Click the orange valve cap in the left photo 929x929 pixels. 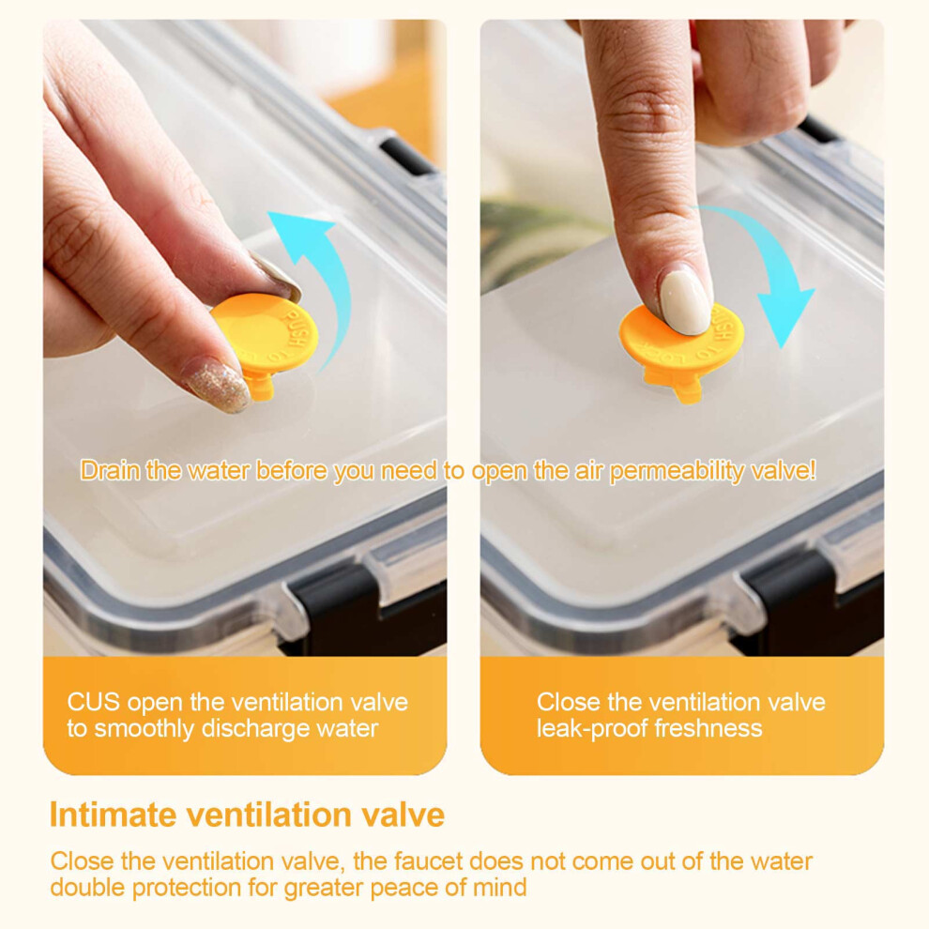coord(265,336)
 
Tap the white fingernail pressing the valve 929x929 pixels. coord(686,301)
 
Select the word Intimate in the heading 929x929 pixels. coord(114,815)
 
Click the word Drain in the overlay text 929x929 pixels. coord(110,470)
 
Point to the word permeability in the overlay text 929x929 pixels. coord(677,472)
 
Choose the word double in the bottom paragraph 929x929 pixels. coord(87,888)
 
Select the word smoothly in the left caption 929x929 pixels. coord(144,730)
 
